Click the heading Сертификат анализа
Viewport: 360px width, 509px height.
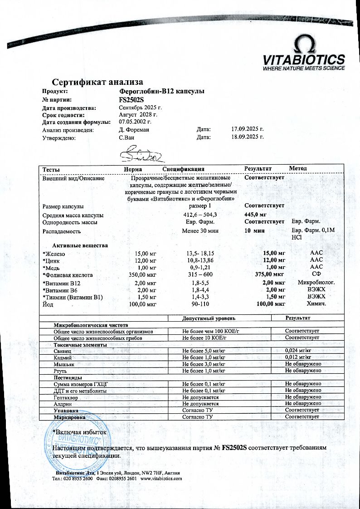[x=97, y=82]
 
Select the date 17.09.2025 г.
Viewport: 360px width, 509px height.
[x=247, y=130]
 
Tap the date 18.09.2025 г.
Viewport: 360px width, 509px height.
[x=247, y=137]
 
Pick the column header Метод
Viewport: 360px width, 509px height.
[x=298, y=169]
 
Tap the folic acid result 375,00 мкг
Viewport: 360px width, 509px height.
[x=270, y=275]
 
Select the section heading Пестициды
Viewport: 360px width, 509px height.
[x=68, y=377]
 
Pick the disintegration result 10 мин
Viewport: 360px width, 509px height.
[x=254, y=231]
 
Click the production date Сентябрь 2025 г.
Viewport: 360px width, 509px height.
[x=140, y=108]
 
